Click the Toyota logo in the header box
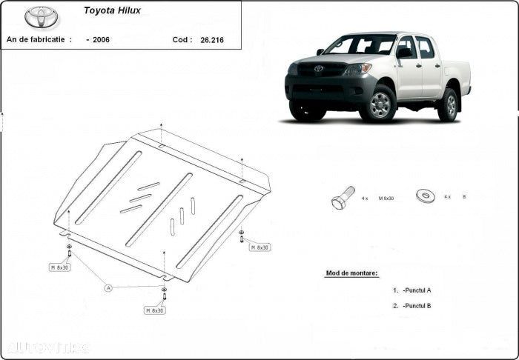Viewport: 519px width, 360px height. (x=42, y=16)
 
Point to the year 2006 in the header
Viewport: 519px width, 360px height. (x=100, y=39)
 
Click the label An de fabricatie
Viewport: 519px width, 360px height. (x=39, y=39)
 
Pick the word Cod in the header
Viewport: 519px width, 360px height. (x=181, y=39)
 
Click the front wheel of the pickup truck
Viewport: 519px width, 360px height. (x=380, y=104)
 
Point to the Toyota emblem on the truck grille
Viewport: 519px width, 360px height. (x=318, y=69)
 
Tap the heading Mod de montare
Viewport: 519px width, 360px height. (x=351, y=273)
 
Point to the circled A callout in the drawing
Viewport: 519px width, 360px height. (x=108, y=287)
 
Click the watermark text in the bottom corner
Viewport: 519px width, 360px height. (x=47, y=347)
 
